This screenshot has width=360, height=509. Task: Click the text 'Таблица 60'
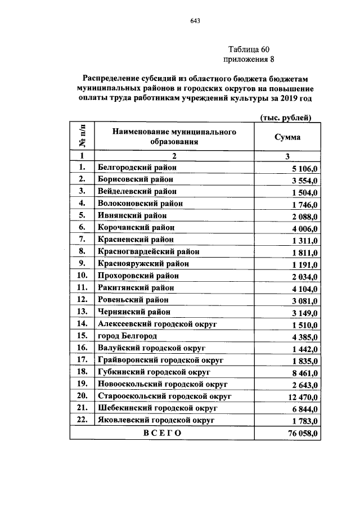(x=249, y=49)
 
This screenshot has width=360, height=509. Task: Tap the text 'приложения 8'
(x=249, y=59)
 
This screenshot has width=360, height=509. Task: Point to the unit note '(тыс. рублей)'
(x=285, y=116)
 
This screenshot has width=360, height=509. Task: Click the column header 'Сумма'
(x=287, y=137)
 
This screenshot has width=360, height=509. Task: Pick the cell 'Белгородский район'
(x=137, y=168)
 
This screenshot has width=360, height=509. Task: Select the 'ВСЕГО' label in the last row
(x=162, y=433)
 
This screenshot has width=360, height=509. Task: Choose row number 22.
(x=82, y=420)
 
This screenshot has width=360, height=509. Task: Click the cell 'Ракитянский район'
(x=136, y=287)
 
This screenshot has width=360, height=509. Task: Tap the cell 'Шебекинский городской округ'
(x=157, y=408)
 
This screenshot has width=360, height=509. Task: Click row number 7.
(x=82, y=240)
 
